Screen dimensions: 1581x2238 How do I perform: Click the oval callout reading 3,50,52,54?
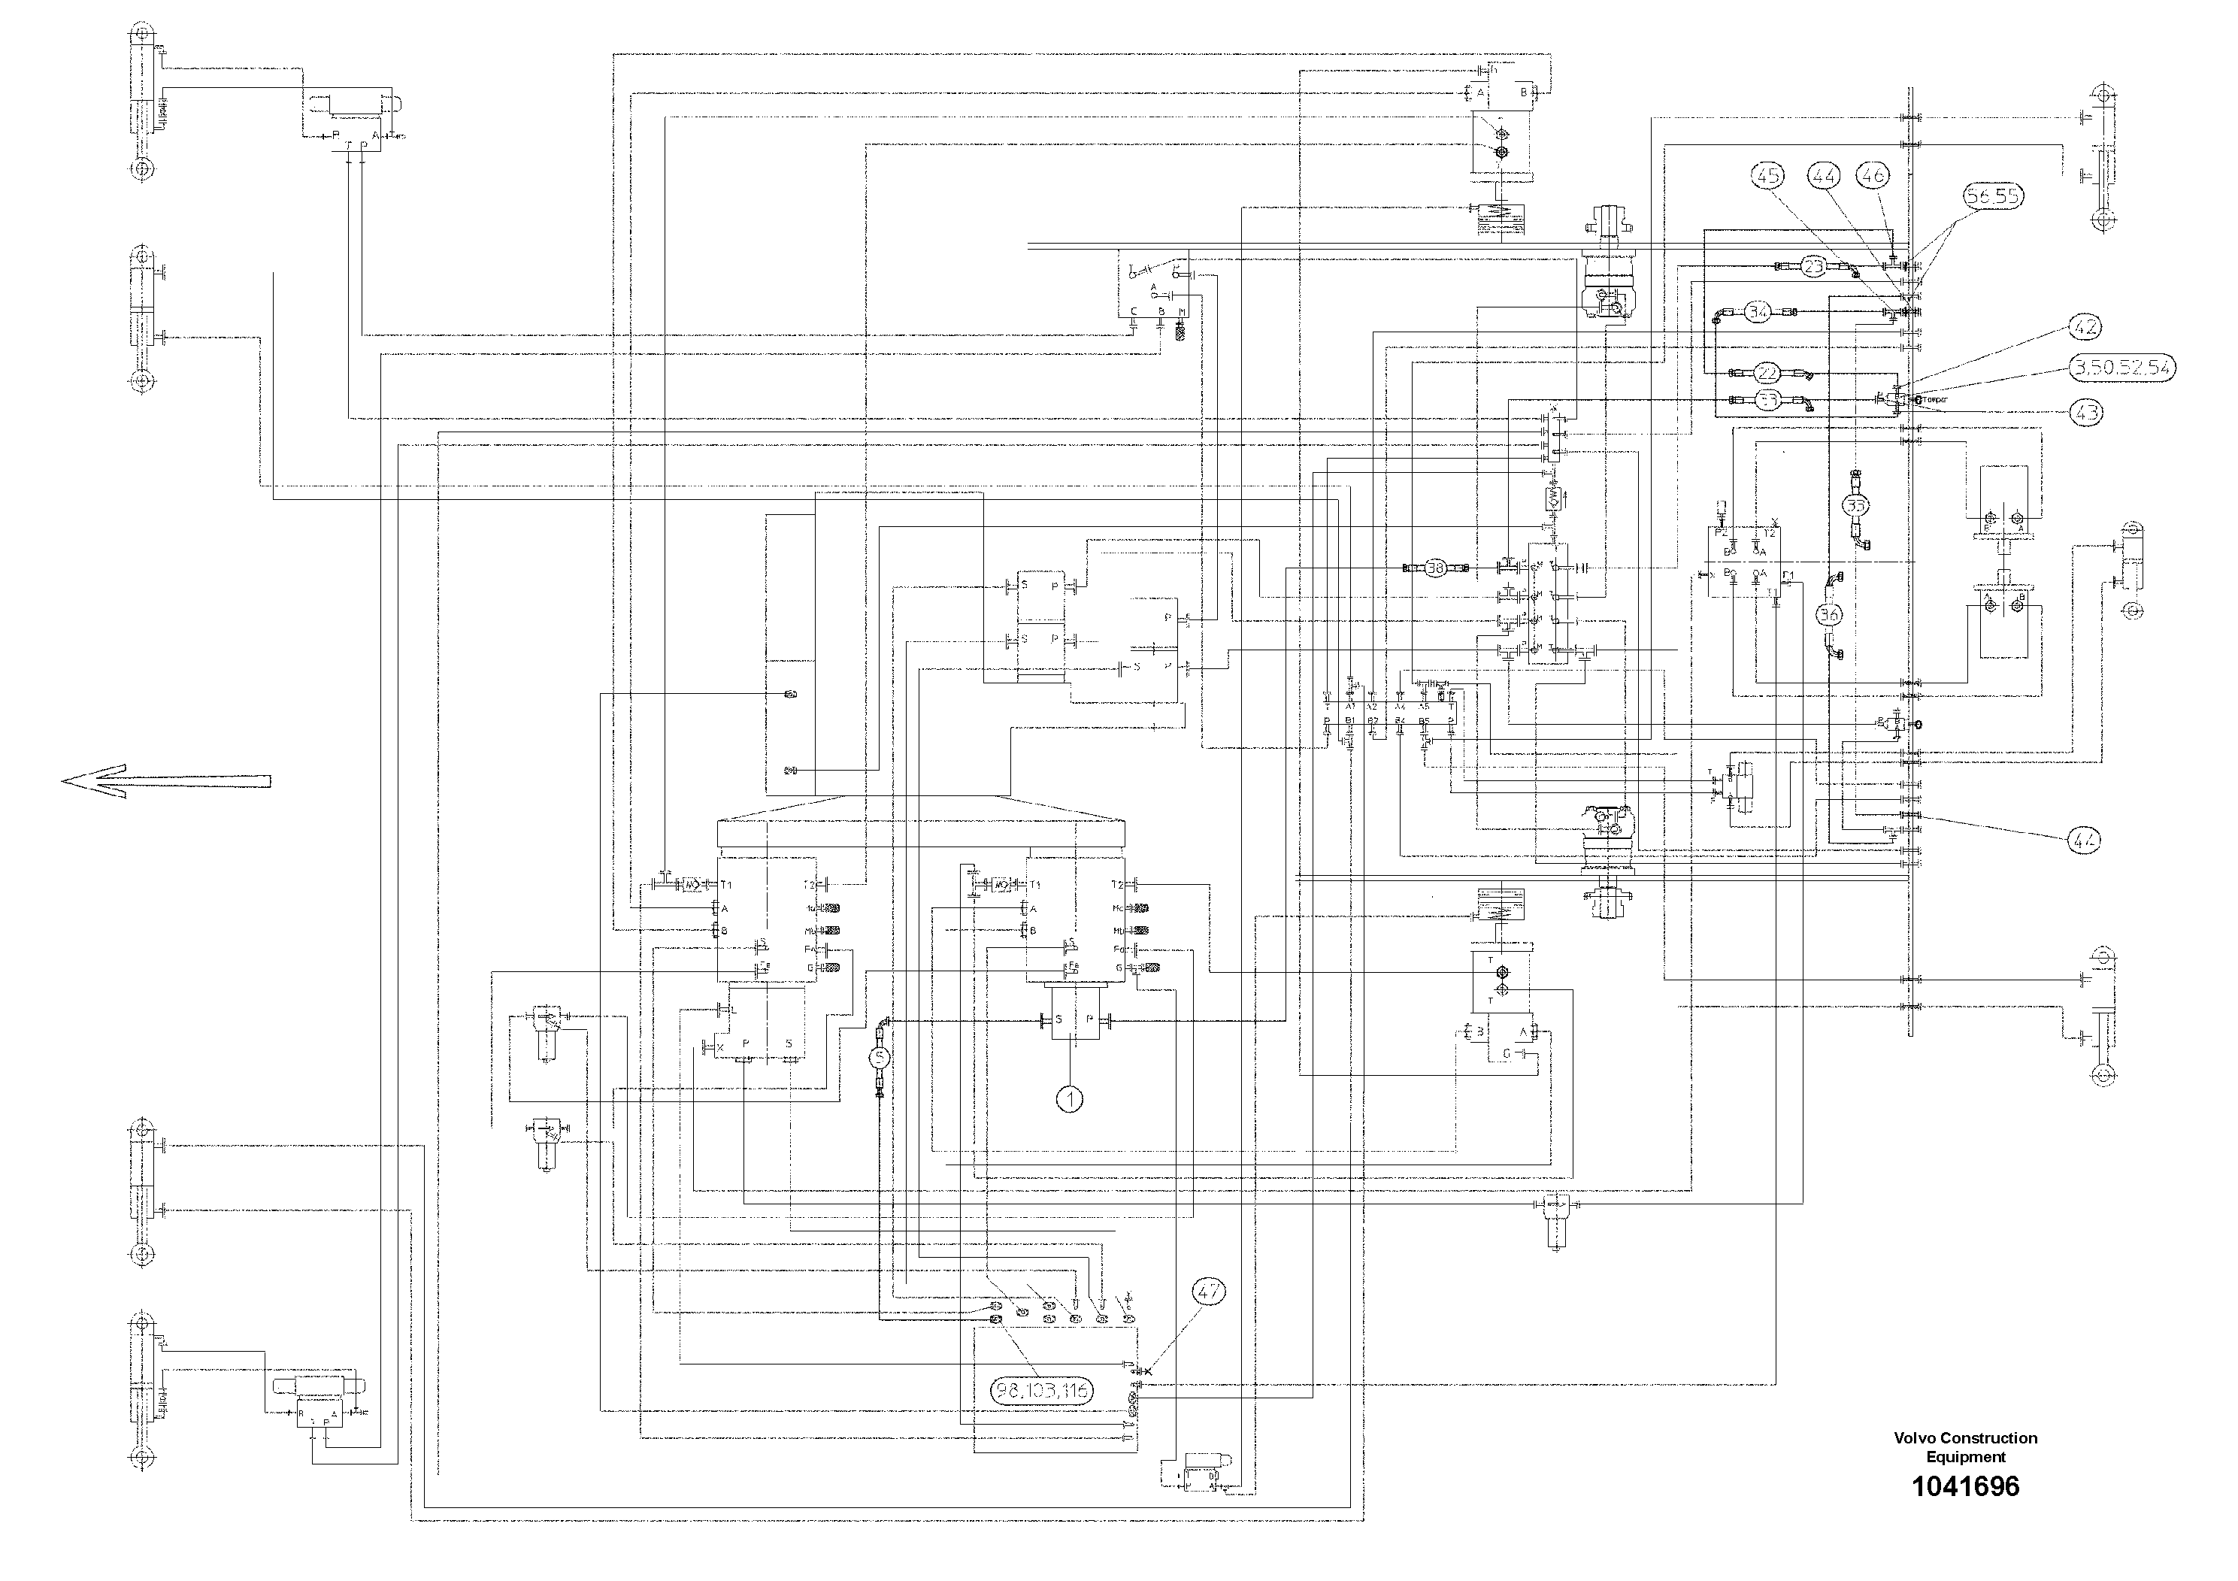point(2120,368)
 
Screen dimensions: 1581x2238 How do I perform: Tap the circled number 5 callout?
point(880,1056)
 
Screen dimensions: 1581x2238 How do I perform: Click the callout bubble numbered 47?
point(1207,1292)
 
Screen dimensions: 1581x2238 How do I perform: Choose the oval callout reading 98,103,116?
point(1042,1391)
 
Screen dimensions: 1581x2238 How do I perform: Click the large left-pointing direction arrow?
point(165,781)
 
